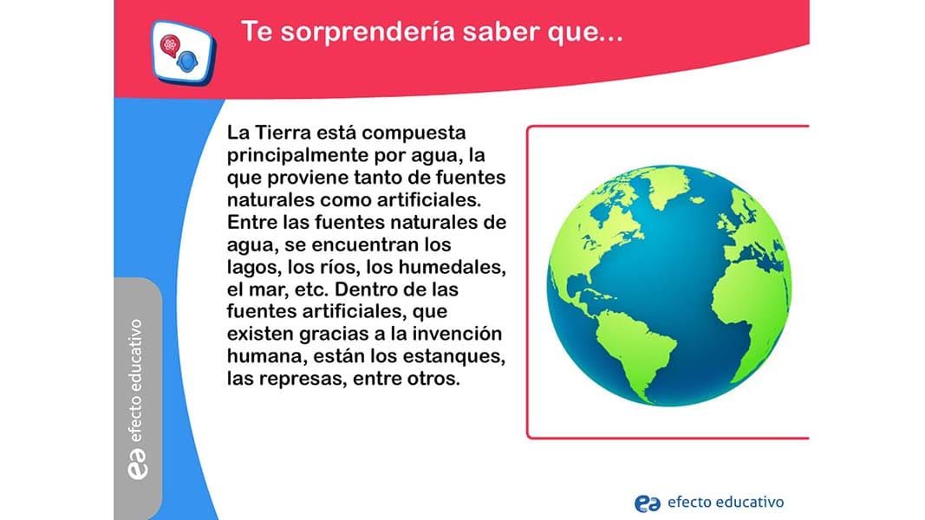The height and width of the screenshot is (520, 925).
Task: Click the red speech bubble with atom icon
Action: click(x=170, y=45)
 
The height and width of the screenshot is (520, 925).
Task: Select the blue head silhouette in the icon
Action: click(x=187, y=62)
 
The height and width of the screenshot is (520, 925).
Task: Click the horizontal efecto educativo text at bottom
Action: click(x=726, y=503)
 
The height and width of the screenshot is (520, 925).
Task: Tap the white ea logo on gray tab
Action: click(x=138, y=464)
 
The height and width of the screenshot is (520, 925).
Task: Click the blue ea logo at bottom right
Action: click(x=647, y=504)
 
